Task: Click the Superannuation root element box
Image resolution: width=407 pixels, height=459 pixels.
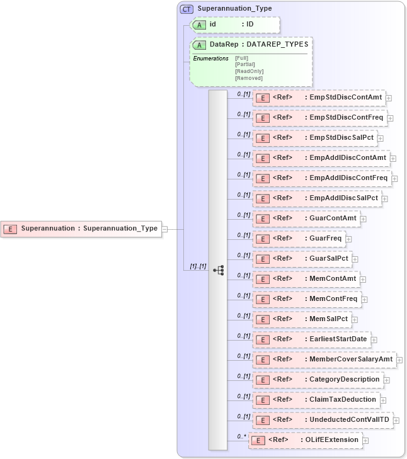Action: [x=82, y=229]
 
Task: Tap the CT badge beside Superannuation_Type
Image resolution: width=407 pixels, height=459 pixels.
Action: [x=187, y=9]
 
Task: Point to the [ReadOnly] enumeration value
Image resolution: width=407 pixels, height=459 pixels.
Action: [x=249, y=71]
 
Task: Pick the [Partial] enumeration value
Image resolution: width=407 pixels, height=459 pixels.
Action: [x=245, y=64]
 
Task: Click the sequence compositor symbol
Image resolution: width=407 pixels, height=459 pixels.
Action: [x=218, y=270]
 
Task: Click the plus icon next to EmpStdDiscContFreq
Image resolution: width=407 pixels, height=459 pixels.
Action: [x=390, y=118]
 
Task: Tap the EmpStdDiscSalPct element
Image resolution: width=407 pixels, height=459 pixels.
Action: [x=314, y=138]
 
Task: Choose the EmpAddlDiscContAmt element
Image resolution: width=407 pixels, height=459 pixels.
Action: [x=321, y=158]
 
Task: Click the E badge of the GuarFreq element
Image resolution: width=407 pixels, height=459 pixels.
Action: [x=261, y=239]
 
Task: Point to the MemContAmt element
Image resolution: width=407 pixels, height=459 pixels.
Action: [x=306, y=279]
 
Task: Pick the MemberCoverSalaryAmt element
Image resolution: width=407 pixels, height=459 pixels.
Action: [x=324, y=360]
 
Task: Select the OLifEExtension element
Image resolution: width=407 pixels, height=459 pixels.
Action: [x=306, y=440]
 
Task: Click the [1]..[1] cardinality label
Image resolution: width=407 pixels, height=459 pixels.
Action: [x=198, y=266]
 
